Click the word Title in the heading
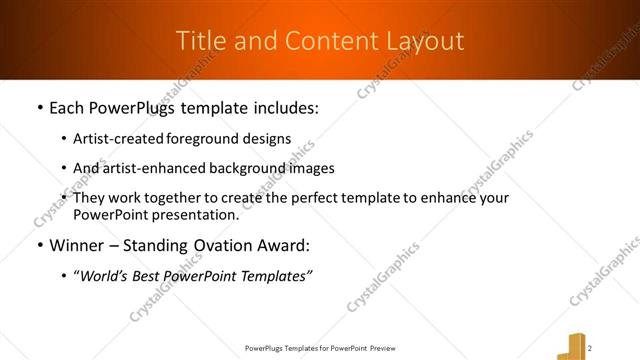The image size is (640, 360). click(198, 41)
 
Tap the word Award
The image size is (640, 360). click(283, 245)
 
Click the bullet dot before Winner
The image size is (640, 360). click(38, 246)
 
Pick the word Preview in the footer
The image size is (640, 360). click(387, 348)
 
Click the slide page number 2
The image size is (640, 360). click(591, 347)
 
